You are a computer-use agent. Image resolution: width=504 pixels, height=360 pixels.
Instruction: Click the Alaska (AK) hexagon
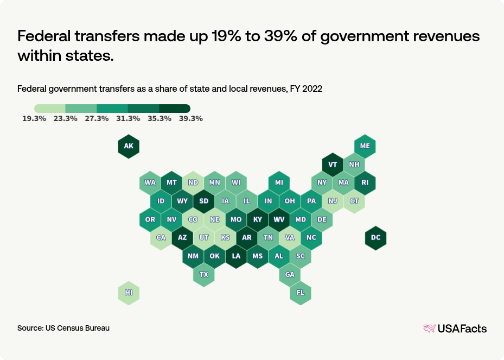coord(129,146)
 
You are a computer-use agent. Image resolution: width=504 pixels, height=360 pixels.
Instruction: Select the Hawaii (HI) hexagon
coord(129,293)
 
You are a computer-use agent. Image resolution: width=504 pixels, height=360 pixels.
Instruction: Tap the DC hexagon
coord(375,238)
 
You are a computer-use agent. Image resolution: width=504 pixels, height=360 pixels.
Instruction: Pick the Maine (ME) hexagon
coord(365,146)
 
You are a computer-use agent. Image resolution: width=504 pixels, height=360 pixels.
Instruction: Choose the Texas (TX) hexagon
coord(203,274)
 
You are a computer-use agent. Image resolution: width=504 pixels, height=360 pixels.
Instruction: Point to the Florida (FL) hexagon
coord(300,293)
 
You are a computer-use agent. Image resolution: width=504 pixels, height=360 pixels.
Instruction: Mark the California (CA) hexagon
coord(161,238)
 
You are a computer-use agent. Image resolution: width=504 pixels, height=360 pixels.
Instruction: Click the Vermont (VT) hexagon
coord(333,165)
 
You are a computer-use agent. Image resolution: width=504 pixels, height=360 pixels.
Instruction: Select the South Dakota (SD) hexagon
coord(203,201)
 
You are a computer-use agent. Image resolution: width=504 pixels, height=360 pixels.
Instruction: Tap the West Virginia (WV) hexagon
coord(279,219)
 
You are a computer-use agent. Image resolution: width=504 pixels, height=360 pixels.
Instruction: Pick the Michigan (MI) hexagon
coord(279,182)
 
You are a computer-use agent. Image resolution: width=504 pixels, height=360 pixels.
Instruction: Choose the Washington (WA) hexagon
coord(150,182)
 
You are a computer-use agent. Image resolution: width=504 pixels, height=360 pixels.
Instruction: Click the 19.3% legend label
coord(34,119)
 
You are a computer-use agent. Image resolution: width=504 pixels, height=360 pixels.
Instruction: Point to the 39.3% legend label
coord(190,119)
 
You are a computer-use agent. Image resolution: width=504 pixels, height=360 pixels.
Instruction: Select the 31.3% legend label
coord(128,119)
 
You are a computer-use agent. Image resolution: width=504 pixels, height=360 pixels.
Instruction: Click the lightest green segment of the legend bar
coord(50,109)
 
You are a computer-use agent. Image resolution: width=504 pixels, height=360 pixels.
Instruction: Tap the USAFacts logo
coord(455,329)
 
